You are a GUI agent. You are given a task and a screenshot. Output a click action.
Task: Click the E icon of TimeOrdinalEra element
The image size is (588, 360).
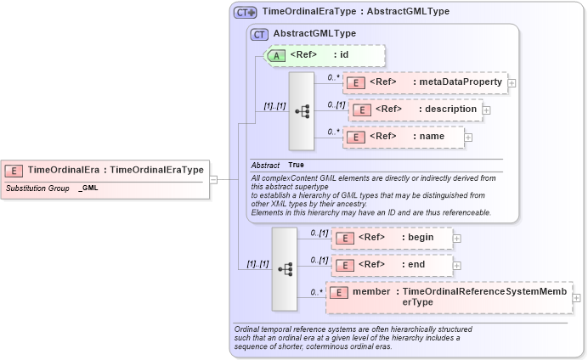click(16, 170)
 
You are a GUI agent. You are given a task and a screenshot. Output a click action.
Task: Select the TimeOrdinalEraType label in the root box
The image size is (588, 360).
click(157, 170)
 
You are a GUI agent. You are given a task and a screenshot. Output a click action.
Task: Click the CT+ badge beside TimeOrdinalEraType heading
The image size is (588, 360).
click(246, 13)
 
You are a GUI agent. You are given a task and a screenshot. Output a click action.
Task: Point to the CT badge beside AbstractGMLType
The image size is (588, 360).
click(259, 34)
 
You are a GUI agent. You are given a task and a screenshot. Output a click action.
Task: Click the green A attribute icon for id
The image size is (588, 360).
click(277, 55)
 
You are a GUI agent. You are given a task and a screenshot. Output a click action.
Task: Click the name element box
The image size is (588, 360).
click(404, 137)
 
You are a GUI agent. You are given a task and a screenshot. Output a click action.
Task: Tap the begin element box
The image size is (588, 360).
click(392, 238)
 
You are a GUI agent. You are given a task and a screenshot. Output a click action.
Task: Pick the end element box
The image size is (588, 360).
click(392, 265)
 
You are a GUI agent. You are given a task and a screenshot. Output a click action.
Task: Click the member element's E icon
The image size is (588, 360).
click(338, 292)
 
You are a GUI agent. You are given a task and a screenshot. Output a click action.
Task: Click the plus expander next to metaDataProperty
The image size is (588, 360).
click(512, 83)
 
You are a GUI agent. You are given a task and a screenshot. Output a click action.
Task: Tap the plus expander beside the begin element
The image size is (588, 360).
click(457, 239)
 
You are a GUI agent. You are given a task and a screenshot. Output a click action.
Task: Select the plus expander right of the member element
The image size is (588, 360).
click(578, 297)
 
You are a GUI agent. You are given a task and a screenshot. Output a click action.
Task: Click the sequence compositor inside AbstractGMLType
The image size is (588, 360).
click(302, 111)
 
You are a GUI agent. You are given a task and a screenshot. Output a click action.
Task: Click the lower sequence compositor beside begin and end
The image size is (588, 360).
click(285, 268)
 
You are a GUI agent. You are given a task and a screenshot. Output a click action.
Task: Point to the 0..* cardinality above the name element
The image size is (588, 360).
click(334, 131)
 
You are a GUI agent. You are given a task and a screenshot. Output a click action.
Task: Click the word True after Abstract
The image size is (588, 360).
click(296, 165)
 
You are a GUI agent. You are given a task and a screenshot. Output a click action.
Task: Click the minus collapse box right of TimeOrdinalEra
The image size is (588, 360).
click(214, 179)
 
